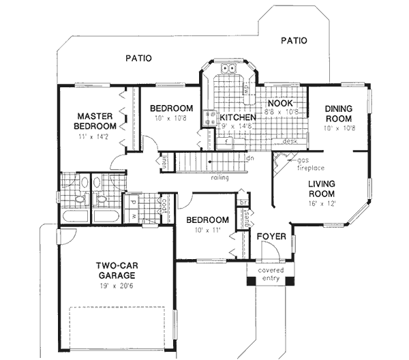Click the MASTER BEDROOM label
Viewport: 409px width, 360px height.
click(x=95, y=121)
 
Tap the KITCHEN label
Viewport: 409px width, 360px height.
click(x=234, y=117)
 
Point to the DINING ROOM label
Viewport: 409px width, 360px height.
click(x=337, y=113)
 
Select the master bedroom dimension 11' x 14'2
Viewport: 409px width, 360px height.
click(x=95, y=138)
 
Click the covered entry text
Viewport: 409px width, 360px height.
click(x=271, y=274)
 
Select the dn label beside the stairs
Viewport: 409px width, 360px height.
click(x=250, y=158)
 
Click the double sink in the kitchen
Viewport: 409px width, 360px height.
click(x=228, y=68)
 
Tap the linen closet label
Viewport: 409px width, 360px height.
click(x=166, y=162)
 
